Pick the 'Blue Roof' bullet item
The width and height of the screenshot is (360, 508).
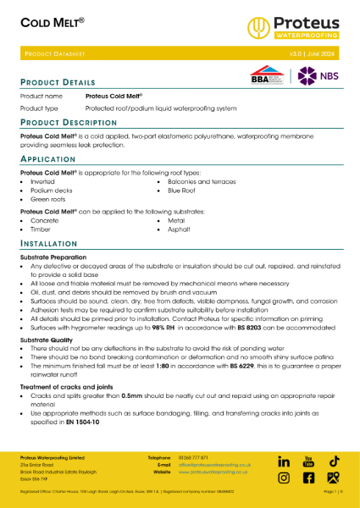click(x=181, y=190)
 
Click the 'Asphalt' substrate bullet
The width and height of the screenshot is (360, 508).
click(x=179, y=229)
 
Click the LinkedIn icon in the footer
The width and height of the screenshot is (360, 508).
click(x=285, y=461)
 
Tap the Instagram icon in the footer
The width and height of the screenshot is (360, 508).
click(x=285, y=478)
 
